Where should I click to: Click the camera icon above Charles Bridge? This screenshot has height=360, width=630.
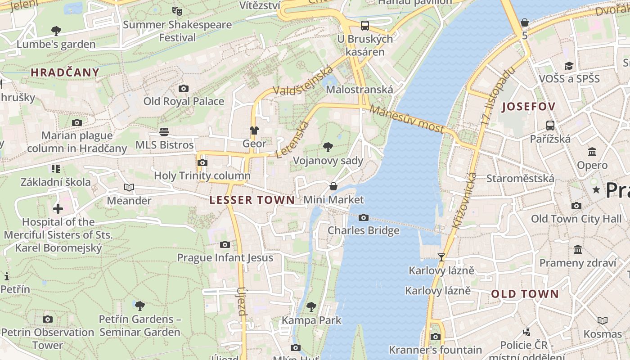pyautogui.click(x=363, y=218)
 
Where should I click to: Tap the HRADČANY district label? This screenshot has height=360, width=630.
pyautogui.click(x=65, y=72)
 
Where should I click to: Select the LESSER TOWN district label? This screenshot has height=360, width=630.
pyautogui.click(x=252, y=200)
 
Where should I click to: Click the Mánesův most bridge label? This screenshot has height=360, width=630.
pyautogui.click(x=407, y=119)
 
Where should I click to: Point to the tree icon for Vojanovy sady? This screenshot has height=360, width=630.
pyautogui.click(x=328, y=147)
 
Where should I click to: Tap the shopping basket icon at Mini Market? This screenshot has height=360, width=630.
pyautogui.click(x=333, y=186)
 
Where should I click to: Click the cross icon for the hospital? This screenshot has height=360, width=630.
pyautogui.click(x=58, y=209)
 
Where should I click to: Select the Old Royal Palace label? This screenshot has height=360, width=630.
pyautogui.click(x=184, y=101)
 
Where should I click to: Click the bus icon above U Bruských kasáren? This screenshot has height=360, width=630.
pyautogui.click(x=364, y=25)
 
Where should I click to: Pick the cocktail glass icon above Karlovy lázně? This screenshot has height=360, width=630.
pyautogui.click(x=441, y=257)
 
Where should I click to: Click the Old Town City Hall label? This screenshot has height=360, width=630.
pyautogui.click(x=576, y=219)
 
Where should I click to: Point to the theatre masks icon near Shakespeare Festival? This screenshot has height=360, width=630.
pyautogui.click(x=177, y=11)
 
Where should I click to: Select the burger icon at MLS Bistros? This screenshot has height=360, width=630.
pyautogui.click(x=164, y=131)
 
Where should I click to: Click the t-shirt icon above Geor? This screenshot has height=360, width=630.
pyautogui.click(x=254, y=130)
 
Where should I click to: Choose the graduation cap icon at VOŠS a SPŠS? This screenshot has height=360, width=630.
pyautogui.click(x=569, y=66)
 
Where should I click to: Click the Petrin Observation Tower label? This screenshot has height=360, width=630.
pyautogui.click(x=48, y=338)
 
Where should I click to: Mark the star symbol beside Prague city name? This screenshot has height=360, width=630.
pyautogui.click(x=596, y=189)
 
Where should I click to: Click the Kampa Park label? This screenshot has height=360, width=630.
pyautogui.click(x=311, y=320)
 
